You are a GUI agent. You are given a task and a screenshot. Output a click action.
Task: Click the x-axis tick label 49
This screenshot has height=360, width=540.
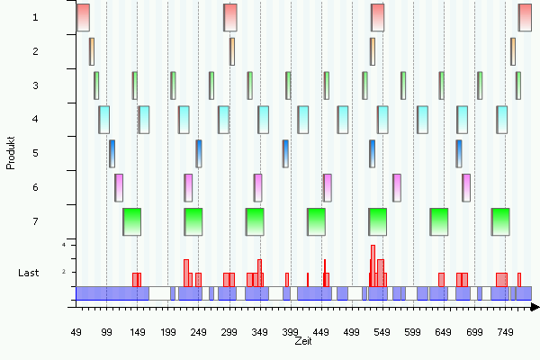point(76,333)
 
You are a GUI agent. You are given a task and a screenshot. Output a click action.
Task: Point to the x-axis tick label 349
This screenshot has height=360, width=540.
point(260,333)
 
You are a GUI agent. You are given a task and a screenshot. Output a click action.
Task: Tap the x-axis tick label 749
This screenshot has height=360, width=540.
point(505,333)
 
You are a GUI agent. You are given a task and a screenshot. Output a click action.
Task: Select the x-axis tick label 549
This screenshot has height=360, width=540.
point(382,333)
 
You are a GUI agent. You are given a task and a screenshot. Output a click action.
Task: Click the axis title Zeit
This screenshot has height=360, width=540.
point(302,341)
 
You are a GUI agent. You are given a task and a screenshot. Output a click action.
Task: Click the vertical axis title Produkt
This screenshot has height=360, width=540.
point(11,153)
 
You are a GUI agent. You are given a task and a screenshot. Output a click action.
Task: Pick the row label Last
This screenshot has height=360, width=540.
point(29,272)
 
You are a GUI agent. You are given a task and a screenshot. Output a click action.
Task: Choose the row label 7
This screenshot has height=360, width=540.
point(34,221)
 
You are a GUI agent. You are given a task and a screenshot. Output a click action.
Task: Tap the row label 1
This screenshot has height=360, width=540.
point(34,17)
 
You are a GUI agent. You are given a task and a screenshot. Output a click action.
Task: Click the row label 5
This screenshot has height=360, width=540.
point(34,153)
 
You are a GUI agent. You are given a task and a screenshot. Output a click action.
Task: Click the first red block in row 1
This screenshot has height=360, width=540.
point(83,17)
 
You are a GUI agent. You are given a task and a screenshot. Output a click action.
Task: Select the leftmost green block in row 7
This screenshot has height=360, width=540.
point(131,221)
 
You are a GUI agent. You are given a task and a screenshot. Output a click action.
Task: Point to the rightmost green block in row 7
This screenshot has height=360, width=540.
point(500,221)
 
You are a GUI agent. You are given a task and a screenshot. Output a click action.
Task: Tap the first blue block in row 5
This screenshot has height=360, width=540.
point(112,153)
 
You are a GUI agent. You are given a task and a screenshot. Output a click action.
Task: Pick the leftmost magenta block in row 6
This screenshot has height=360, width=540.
point(119,187)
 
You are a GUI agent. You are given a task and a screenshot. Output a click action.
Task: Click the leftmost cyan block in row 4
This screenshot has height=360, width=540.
point(104,119)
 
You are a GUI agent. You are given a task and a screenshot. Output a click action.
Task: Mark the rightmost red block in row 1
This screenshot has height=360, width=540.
point(525,17)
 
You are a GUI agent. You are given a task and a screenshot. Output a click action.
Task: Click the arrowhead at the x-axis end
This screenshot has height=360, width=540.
point(535,308)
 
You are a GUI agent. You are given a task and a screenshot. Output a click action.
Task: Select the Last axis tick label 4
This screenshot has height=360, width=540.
point(64,245)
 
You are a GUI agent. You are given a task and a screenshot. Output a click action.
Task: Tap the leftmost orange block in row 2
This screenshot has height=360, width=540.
point(92,51)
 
